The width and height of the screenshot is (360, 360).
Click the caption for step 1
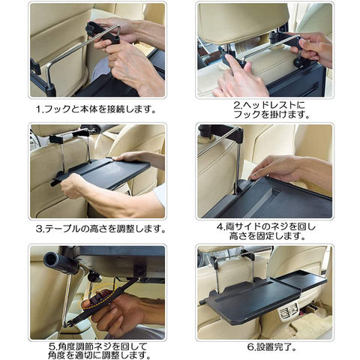[x=96, y=109]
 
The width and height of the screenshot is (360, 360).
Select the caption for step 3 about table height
[x=100, y=229]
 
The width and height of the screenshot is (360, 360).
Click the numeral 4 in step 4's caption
[x=220, y=227]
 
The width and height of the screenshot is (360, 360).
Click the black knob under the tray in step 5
[x=95, y=277]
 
